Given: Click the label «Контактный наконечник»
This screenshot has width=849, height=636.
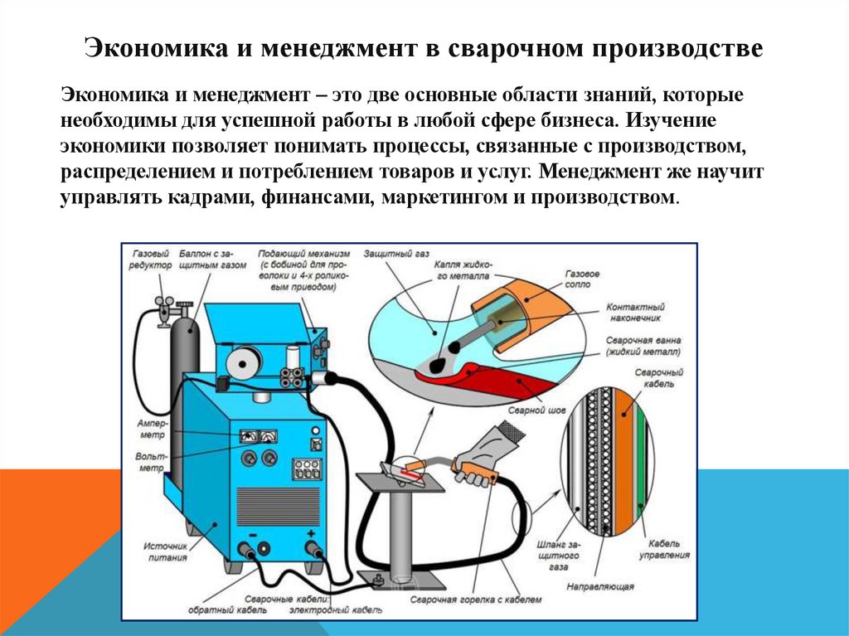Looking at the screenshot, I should pos(635,312).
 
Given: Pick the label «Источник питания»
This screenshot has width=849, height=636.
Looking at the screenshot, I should pos(166,551).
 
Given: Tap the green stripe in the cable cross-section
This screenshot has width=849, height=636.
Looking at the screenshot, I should pos(639,464).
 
